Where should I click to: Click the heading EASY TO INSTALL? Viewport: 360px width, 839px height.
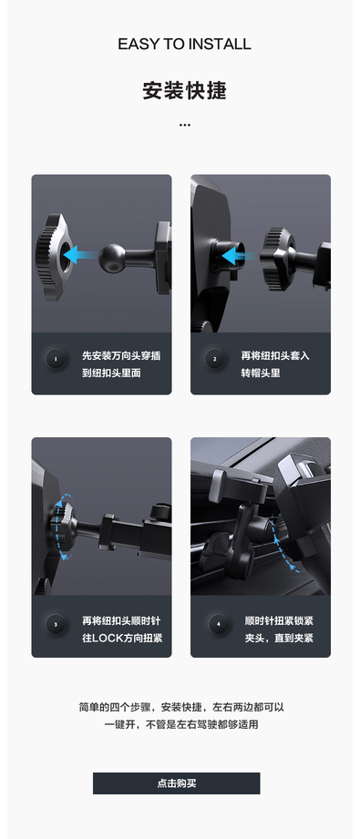pyautogui.click(x=184, y=44)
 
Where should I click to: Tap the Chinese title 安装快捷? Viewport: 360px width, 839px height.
pyautogui.click(x=184, y=90)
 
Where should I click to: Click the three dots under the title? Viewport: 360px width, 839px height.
pyautogui.click(x=185, y=125)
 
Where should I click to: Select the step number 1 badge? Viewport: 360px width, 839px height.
pyautogui.click(x=56, y=359)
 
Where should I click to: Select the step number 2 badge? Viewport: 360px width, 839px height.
pyautogui.click(x=215, y=359)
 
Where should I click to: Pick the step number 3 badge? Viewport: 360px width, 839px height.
pyautogui.click(x=56, y=624)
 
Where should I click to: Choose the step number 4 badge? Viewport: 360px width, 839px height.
pyautogui.click(x=218, y=624)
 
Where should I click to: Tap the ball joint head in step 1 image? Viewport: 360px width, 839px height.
pyautogui.click(x=111, y=258)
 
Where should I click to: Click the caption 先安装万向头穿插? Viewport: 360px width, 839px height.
pyautogui.click(x=121, y=355)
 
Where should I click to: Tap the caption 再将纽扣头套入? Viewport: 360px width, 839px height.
pyautogui.click(x=275, y=355)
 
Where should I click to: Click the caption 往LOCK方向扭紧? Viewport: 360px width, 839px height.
pyautogui.click(x=122, y=638)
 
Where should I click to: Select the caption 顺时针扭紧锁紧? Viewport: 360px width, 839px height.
pyautogui.click(x=279, y=620)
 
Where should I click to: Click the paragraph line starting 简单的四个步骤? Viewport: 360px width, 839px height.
pyautogui.click(x=181, y=707)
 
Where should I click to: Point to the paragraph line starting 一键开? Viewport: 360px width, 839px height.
pyautogui.click(x=181, y=725)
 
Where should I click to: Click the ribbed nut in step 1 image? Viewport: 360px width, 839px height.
pyautogui.click(x=53, y=256)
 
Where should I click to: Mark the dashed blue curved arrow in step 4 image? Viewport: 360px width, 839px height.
pyautogui.click(x=283, y=541)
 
